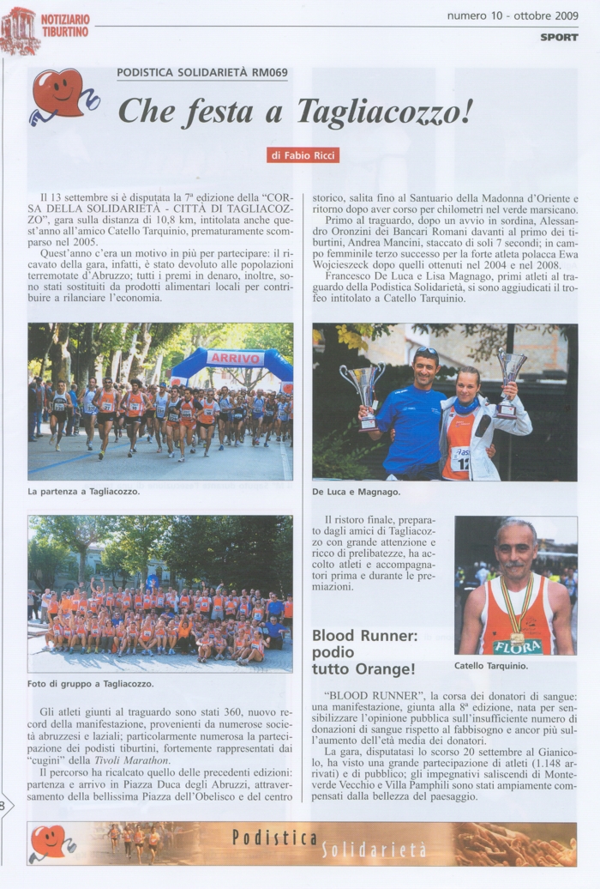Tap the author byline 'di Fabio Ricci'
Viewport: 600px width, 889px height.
(x=303, y=155)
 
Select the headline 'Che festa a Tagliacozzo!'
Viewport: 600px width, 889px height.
(x=295, y=112)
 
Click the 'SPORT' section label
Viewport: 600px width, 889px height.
(x=559, y=37)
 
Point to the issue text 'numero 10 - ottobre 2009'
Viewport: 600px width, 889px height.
(x=513, y=15)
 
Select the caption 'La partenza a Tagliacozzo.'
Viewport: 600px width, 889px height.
(x=83, y=492)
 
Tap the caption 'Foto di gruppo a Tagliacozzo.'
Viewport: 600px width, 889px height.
(x=91, y=684)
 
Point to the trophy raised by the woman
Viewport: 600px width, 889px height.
(x=511, y=376)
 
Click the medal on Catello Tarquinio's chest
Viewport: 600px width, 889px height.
(x=518, y=638)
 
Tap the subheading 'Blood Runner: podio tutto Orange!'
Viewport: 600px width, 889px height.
(x=363, y=652)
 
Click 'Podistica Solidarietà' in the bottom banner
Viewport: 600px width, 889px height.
(x=329, y=843)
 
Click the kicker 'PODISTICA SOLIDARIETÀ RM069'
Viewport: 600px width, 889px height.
(x=202, y=73)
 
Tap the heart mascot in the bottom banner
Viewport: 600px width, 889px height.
(x=50, y=842)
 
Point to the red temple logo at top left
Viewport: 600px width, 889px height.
(x=19, y=30)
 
